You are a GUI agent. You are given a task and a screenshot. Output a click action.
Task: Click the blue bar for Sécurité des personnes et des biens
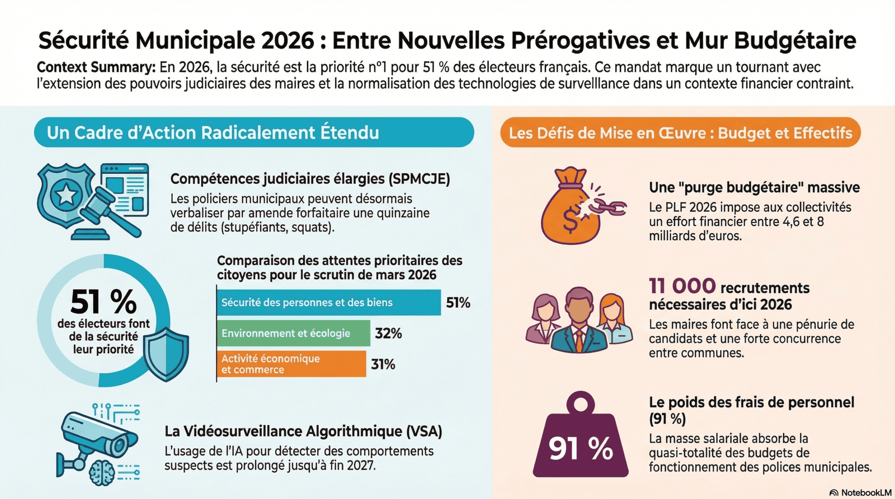328,302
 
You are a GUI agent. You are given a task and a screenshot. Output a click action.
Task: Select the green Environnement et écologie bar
293,333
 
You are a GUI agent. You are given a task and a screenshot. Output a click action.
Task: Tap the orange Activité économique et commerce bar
291,364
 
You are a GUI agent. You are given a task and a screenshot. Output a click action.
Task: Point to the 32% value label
388,334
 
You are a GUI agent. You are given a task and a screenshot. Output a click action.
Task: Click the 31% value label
383,364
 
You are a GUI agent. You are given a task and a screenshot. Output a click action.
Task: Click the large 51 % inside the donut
103,302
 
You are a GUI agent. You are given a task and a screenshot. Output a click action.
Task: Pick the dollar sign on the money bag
569,220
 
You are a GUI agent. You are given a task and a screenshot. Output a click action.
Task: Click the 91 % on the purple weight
581,448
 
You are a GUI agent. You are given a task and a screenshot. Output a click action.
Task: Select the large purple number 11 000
682,286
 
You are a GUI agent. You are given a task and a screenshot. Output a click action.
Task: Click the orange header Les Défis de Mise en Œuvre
680,133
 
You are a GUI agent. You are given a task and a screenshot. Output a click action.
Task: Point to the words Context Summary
96,68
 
